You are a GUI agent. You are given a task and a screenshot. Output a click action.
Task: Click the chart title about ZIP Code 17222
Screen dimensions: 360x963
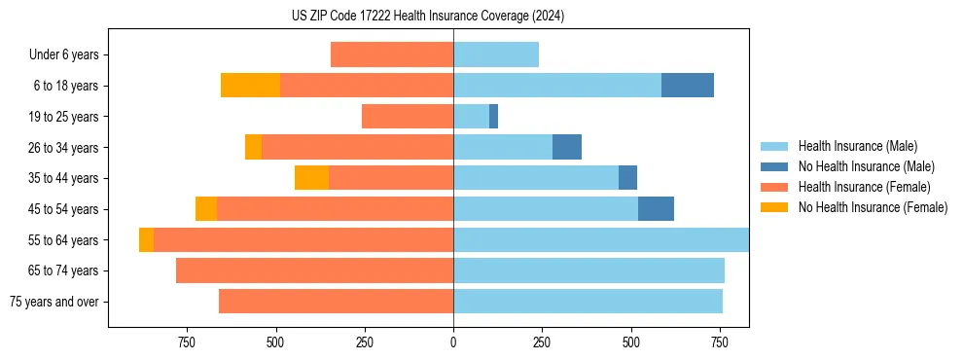[x=428, y=17]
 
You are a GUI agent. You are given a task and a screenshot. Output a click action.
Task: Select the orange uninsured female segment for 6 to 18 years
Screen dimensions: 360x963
[x=250, y=86]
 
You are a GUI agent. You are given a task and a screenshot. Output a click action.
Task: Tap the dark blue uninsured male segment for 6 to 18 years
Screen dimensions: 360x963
[x=688, y=86]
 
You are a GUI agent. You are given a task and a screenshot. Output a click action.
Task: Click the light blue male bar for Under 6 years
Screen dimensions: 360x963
[x=496, y=54]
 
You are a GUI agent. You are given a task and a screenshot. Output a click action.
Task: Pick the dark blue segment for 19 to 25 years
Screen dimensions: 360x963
[x=494, y=117]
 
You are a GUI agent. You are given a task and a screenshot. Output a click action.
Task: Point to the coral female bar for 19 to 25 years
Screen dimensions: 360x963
[x=408, y=117]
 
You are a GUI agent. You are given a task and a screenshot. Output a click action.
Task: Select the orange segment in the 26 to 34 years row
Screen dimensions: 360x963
[x=253, y=147]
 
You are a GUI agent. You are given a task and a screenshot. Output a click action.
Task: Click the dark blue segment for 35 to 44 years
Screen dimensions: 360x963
[x=628, y=178]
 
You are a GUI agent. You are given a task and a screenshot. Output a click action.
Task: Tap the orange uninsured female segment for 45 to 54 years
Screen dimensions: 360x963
[x=206, y=209]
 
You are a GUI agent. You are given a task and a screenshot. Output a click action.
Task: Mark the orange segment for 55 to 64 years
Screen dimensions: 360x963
[x=146, y=239]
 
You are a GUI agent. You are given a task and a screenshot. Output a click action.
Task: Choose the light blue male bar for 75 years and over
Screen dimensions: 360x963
[x=588, y=302]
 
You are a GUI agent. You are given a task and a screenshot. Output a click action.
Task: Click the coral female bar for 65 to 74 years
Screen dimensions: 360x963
[x=314, y=270]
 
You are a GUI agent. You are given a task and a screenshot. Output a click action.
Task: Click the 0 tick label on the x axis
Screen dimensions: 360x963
[x=453, y=342]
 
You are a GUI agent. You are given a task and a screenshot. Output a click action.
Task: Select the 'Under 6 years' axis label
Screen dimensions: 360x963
[x=63, y=54]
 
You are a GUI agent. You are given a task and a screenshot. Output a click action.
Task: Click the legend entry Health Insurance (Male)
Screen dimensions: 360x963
[x=857, y=146]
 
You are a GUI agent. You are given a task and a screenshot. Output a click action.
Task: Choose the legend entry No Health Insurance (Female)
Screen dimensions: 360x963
[x=873, y=207]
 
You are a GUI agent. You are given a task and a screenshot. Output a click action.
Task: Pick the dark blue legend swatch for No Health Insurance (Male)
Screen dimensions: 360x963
[x=774, y=166]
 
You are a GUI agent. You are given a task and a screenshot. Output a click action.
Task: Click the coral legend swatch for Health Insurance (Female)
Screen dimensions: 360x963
[x=774, y=187]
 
